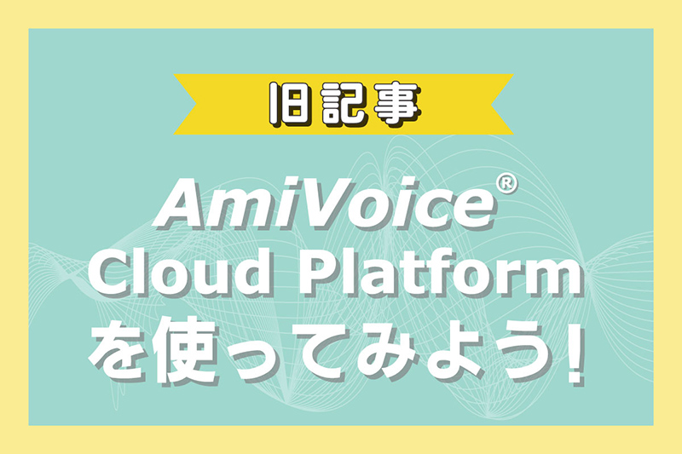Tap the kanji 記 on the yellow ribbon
343,104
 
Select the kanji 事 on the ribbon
396,104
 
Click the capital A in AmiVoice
182,204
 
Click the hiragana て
323,351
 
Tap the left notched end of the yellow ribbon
196,104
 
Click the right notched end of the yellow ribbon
492,104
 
